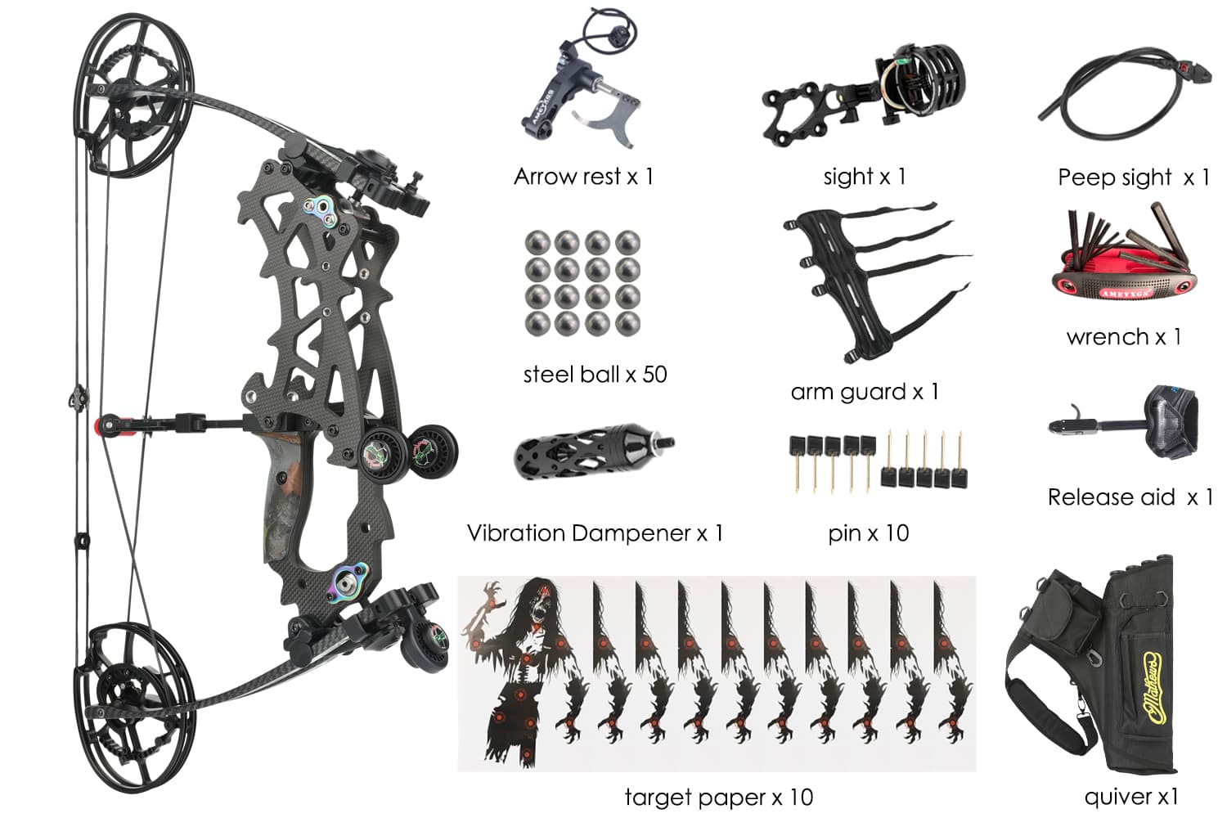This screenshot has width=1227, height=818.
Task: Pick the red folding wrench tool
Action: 1124,258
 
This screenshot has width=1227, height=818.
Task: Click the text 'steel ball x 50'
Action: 596,375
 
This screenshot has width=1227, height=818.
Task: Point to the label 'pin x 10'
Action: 869,533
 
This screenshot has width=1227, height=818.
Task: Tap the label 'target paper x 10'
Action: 719,798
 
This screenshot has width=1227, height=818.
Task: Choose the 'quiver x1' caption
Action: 1131,798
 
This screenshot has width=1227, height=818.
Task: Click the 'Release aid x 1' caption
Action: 1130,497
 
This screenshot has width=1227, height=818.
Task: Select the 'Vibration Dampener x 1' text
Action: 596,533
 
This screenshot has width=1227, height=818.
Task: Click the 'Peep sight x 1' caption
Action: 1134,177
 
